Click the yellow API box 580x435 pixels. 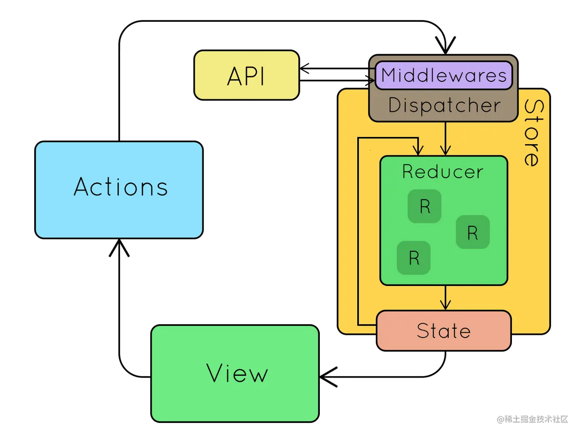pyautogui.click(x=246, y=75)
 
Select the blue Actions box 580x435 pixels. pyautogui.click(x=119, y=189)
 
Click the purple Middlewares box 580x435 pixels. pyautogui.click(x=444, y=75)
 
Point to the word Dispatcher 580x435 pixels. pyautogui.click(x=444, y=106)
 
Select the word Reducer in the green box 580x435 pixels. pyautogui.click(x=443, y=172)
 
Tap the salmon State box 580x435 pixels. pyautogui.click(x=443, y=331)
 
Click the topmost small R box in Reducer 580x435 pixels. pyautogui.click(x=425, y=206)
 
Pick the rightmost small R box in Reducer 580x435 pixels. pyautogui.click(x=472, y=232)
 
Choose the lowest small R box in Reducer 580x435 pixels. pyautogui.click(x=414, y=258)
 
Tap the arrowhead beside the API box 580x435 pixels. pyautogui.click(x=305, y=69)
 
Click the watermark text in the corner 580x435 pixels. pyautogui.click(x=532, y=418)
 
